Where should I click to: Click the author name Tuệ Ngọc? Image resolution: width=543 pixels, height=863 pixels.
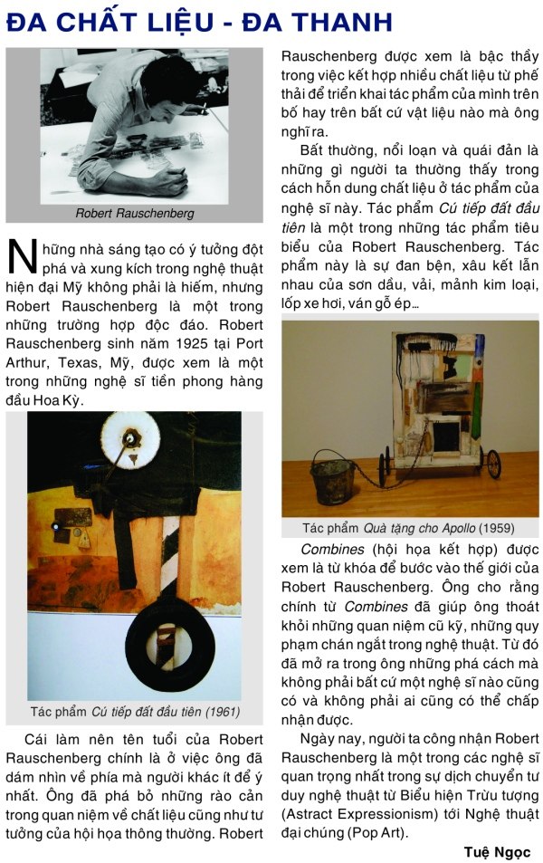pyautogui.click(x=497, y=851)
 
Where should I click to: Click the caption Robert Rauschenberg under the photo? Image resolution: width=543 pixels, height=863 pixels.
pyautogui.click(x=134, y=215)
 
